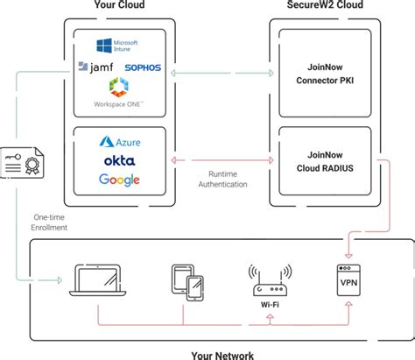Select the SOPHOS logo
click(144, 67)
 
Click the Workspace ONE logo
click(120, 92)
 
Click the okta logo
click(120, 161)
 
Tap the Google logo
click(120, 180)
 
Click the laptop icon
click(97, 279)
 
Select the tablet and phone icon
click(186, 282)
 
